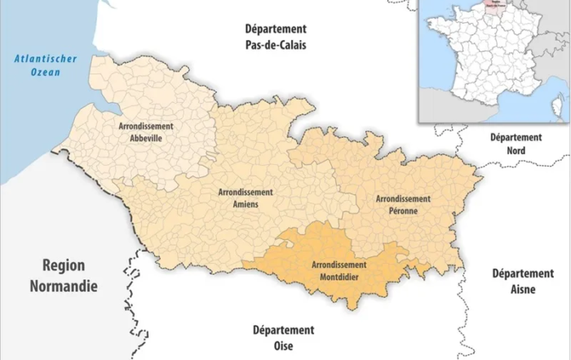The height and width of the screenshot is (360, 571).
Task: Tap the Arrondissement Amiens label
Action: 246,198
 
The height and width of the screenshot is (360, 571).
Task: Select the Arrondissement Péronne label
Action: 403,204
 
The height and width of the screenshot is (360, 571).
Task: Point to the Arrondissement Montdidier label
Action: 339,270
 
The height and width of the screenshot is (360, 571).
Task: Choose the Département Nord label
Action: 516,144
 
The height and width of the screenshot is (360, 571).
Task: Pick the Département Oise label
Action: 282,337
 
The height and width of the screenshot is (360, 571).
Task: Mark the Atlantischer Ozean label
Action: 41,64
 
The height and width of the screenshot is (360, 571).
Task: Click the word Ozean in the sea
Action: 41,72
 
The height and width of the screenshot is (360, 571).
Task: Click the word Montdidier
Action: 339,277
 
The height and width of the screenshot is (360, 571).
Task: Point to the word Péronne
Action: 403,211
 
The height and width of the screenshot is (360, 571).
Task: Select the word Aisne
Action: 523,287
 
